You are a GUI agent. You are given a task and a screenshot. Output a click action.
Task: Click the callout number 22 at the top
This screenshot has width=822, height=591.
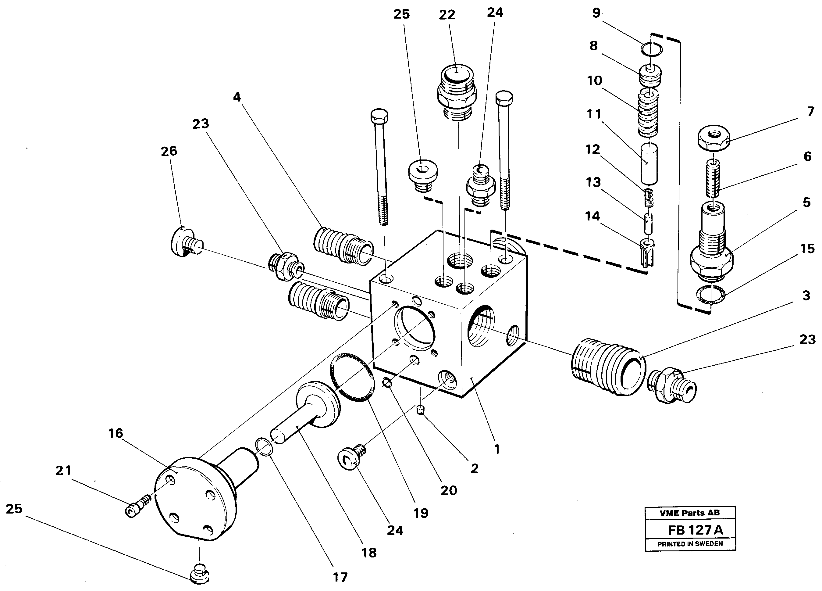(447, 15)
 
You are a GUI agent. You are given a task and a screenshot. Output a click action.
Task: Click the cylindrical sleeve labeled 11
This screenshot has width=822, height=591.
(649, 163)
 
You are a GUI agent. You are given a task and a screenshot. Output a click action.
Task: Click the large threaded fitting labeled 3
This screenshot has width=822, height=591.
(608, 366)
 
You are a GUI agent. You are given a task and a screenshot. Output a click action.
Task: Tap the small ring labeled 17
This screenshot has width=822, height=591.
(265, 447)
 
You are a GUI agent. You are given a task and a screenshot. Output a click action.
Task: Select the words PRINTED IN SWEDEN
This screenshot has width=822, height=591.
(690, 544)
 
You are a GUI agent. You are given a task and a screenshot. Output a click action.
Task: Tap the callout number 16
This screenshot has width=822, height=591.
(115, 433)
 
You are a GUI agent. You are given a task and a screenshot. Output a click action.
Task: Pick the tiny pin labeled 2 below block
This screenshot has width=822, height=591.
(420, 410)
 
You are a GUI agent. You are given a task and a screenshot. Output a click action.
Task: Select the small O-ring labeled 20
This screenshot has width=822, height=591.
(387, 382)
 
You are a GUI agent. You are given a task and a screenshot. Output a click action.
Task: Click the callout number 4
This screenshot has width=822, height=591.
(237, 97)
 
